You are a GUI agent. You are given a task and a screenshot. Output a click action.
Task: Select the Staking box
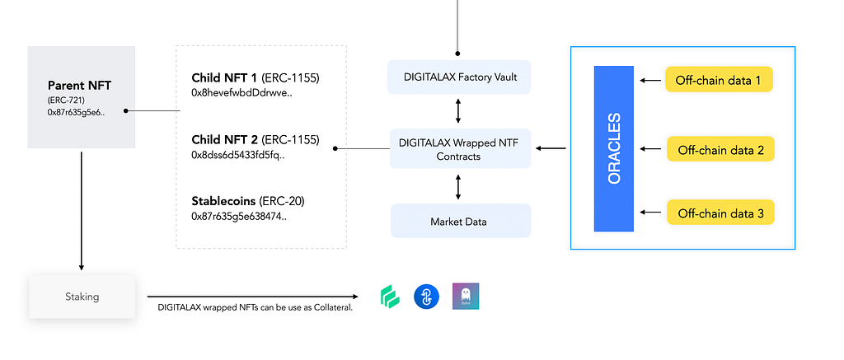(82, 296)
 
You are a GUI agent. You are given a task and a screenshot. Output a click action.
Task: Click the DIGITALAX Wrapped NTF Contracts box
(461, 149)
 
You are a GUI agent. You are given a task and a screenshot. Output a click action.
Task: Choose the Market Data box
(461, 222)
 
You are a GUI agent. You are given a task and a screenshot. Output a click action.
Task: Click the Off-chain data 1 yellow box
(720, 80)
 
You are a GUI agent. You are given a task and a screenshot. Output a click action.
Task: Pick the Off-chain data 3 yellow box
(720, 214)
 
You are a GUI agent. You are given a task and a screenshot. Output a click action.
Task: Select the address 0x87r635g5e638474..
(238, 217)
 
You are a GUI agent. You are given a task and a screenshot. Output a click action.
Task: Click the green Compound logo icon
(389, 297)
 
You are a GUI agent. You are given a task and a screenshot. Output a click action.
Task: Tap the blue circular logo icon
(425, 297)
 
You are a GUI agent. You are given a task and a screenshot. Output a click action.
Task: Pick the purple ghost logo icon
(466, 297)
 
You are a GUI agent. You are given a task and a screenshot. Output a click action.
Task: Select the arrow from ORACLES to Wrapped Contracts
(551, 149)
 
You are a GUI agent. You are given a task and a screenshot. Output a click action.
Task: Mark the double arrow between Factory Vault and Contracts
(458, 110)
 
